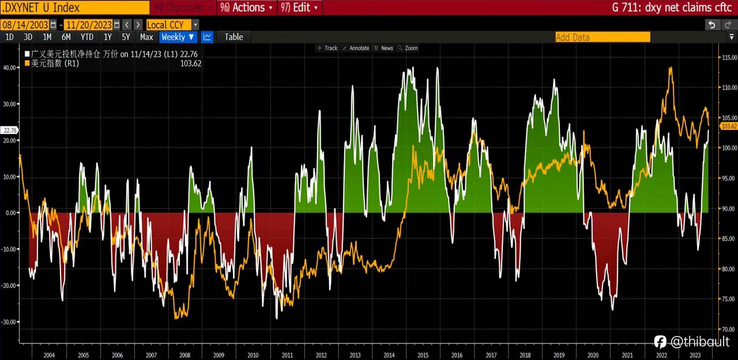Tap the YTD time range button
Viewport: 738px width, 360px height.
click(x=86, y=37)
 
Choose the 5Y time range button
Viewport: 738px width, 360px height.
click(x=126, y=37)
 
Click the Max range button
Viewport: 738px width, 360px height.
click(x=146, y=37)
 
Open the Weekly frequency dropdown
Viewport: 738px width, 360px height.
click(x=178, y=37)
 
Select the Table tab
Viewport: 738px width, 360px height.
click(x=234, y=37)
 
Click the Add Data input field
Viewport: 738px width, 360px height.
click(x=602, y=37)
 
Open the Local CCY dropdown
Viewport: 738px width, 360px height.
click(x=172, y=25)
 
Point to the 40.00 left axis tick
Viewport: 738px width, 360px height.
click(x=9, y=67)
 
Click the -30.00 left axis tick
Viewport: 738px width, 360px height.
click(x=9, y=322)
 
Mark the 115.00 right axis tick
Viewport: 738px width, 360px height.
click(x=729, y=58)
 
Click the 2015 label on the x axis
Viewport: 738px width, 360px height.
click(x=423, y=355)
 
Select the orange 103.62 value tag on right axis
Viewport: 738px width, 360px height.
click(x=729, y=126)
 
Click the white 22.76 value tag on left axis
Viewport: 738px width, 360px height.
click(x=10, y=130)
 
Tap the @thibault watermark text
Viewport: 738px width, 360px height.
click(x=699, y=342)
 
